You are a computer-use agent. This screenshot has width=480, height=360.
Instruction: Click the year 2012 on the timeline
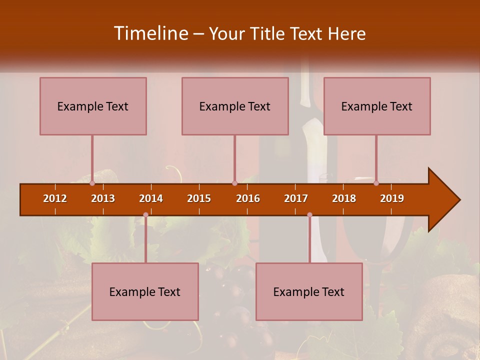(x=55, y=198)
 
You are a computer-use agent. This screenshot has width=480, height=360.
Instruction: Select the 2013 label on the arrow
(x=103, y=198)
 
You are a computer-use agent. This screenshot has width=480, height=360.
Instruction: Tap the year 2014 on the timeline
(x=151, y=198)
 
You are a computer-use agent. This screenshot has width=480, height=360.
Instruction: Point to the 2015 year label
(x=199, y=198)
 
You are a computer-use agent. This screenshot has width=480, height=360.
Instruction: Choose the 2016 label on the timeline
(x=248, y=198)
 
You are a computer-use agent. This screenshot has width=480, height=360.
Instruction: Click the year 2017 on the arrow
(x=296, y=198)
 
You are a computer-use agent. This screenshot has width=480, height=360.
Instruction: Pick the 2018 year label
(x=344, y=198)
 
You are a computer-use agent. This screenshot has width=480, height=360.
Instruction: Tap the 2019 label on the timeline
(x=392, y=198)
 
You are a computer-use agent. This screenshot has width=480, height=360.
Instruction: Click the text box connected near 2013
(x=93, y=106)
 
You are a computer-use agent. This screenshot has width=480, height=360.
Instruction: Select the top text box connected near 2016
(x=235, y=106)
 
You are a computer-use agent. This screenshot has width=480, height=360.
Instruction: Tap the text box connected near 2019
(x=377, y=106)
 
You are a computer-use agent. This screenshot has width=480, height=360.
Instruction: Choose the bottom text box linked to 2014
(x=145, y=291)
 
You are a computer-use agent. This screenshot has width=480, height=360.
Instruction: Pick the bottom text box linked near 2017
(x=309, y=291)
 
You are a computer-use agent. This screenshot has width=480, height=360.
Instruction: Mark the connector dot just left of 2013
(x=92, y=183)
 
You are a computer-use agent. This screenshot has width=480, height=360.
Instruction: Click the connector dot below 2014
(x=145, y=215)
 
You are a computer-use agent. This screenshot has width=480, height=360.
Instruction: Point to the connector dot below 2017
(x=309, y=215)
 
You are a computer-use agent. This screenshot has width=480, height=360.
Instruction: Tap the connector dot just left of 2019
(x=376, y=183)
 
